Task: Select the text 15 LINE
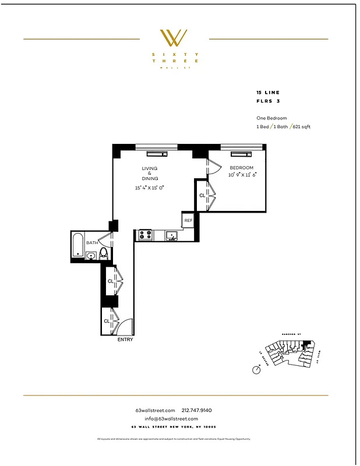[268, 93]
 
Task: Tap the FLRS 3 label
[267, 101]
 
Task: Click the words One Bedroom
[271, 118]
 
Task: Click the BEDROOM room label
[241, 168]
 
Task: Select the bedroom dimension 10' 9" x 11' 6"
[242, 174]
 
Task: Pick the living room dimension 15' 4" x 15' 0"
[150, 188]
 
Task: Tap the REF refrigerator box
[188, 221]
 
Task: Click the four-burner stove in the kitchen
[144, 235]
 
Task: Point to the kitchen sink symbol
[171, 235]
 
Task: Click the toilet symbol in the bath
[104, 253]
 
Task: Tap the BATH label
[92, 243]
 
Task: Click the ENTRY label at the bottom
[125, 340]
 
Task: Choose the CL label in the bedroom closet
[202, 196]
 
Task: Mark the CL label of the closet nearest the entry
[107, 321]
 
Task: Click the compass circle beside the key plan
[256, 370]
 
